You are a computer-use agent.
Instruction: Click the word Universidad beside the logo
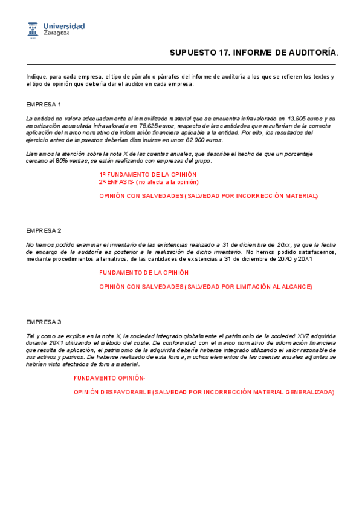point(64,26)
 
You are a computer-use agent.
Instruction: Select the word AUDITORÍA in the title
point(306,53)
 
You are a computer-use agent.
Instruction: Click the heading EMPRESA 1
point(44,105)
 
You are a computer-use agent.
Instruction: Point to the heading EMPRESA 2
point(44,231)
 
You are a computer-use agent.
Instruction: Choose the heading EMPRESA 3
point(44,321)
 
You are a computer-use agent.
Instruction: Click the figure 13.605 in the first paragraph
point(298,119)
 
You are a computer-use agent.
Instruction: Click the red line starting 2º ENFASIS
point(149,181)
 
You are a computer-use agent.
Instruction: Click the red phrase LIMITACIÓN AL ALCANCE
point(276,286)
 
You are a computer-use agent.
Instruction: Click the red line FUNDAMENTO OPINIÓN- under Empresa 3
point(109,378)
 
